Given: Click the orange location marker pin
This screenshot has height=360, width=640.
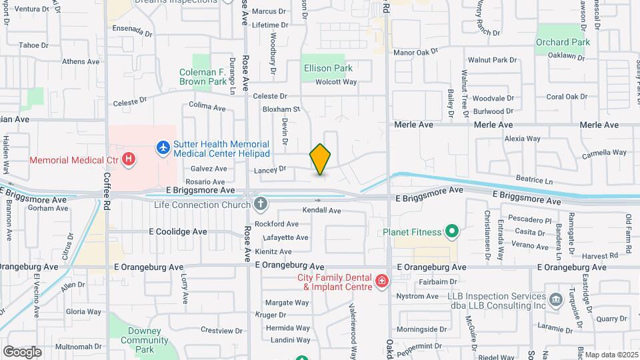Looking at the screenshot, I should [x=320, y=159].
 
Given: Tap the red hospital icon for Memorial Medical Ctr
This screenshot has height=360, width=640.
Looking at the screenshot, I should [x=129, y=160].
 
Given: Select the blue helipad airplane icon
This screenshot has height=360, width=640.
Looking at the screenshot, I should [x=163, y=146].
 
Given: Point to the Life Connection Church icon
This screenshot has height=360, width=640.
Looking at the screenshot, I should [x=261, y=204].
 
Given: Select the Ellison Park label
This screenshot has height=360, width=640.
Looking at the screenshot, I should [x=327, y=68].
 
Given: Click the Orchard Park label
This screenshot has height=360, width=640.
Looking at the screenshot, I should [x=563, y=42].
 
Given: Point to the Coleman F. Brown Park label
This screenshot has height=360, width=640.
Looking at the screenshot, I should [x=203, y=77].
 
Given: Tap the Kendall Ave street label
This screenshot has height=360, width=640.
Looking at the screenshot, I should [x=321, y=210].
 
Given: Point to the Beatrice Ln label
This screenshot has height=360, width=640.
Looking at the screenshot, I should [x=535, y=181].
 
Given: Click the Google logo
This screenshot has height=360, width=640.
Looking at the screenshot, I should [x=23, y=351].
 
